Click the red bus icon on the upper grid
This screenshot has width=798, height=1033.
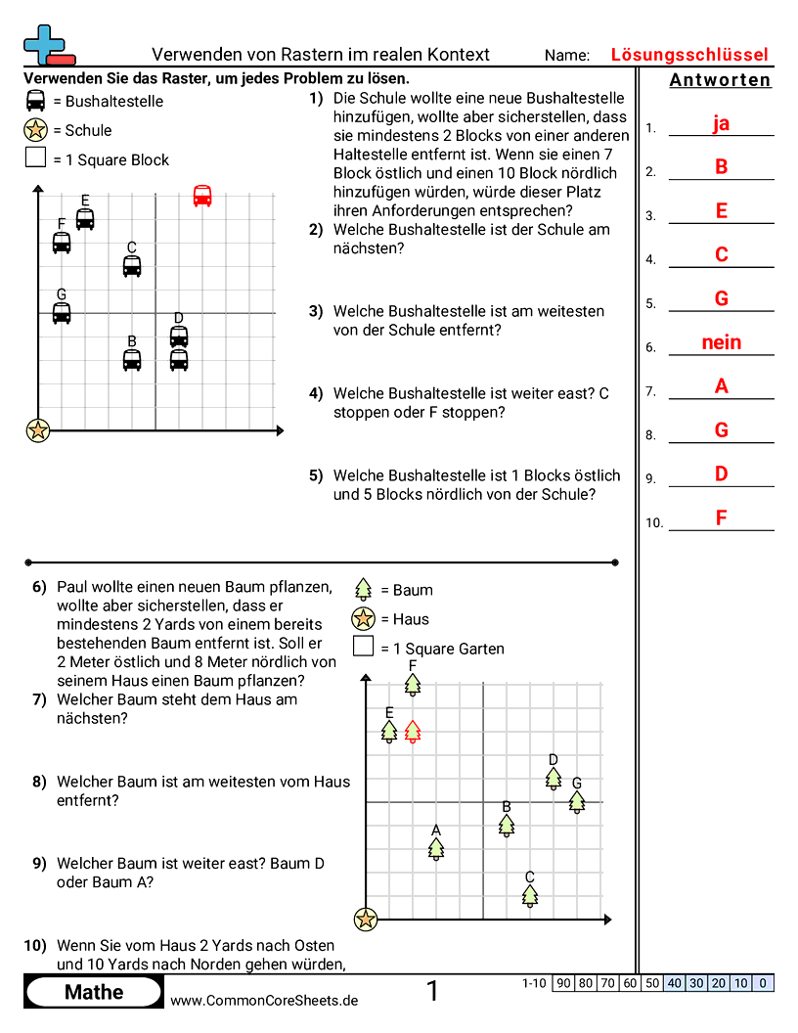(x=202, y=196)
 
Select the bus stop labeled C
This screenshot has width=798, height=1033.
(x=132, y=265)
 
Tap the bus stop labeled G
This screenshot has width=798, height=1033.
(x=62, y=312)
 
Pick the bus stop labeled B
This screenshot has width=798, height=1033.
(x=132, y=359)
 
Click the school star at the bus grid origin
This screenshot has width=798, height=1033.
(x=38, y=429)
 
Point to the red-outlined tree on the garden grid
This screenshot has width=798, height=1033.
(x=413, y=731)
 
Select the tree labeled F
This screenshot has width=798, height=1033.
(x=413, y=684)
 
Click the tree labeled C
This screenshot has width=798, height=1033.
(x=530, y=895)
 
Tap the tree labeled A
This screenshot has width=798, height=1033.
(x=436, y=848)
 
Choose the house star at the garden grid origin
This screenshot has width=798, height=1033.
(x=366, y=919)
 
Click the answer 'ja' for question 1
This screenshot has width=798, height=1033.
(x=721, y=123)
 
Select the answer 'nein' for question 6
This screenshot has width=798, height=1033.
(x=721, y=342)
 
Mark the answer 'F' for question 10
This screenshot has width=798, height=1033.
(x=721, y=517)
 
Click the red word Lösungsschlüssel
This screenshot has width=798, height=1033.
(x=689, y=55)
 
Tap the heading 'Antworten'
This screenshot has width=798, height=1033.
(x=720, y=80)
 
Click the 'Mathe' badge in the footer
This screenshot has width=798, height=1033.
(x=94, y=992)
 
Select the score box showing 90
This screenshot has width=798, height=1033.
(x=563, y=983)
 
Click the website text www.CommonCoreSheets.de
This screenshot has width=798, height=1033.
(x=264, y=1000)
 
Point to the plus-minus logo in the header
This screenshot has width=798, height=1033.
(x=46, y=45)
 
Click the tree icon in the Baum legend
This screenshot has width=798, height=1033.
(x=364, y=589)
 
